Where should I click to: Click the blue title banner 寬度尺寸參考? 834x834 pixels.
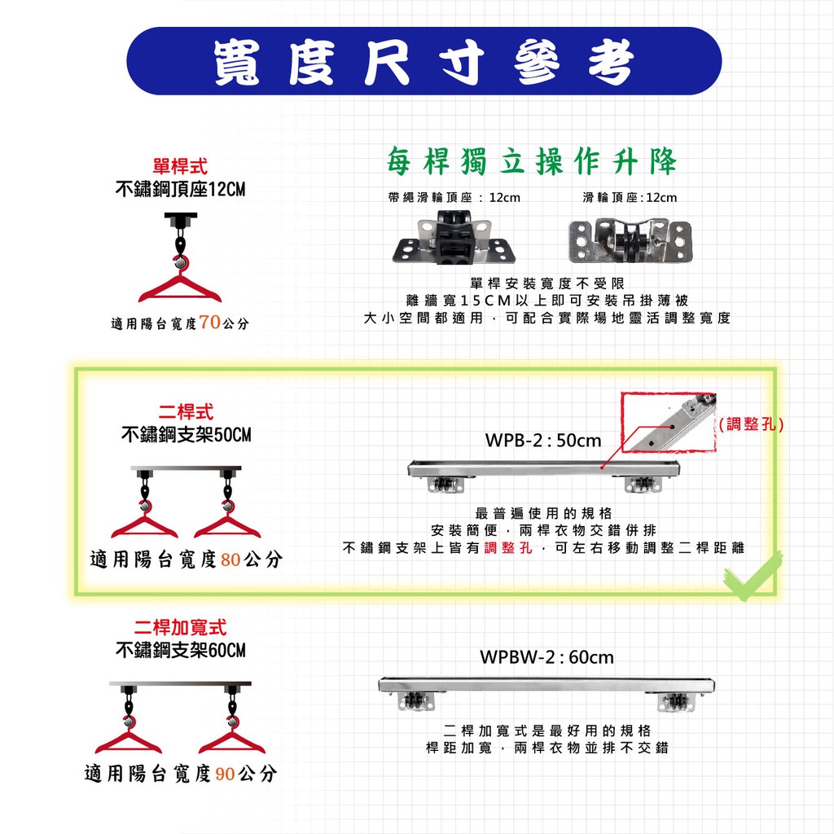click(424, 61)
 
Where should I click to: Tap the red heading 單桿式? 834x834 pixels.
click(180, 166)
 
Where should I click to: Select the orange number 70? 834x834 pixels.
click(209, 322)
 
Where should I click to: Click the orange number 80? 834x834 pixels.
click(230, 560)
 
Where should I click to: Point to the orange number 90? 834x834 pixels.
click(225, 774)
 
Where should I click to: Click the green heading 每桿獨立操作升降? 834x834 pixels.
click(531, 160)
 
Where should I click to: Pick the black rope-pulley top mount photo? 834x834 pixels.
click(454, 237)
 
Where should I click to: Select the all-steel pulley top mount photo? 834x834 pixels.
click(630, 240)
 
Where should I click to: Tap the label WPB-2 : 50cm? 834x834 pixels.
click(543, 441)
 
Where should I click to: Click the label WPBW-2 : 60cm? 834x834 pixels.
click(546, 657)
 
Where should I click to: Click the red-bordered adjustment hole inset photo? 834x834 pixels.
click(669, 423)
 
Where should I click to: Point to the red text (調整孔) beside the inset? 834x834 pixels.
click(751, 424)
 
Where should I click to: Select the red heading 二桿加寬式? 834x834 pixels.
click(180, 627)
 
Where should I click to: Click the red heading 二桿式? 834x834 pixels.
click(186, 412)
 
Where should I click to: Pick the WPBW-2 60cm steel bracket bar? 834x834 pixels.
click(546, 694)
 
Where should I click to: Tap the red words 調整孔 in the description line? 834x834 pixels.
click(508, 547)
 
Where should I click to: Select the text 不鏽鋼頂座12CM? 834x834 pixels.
click(180, 189)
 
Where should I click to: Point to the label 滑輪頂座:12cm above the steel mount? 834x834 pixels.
click(630, 198)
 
